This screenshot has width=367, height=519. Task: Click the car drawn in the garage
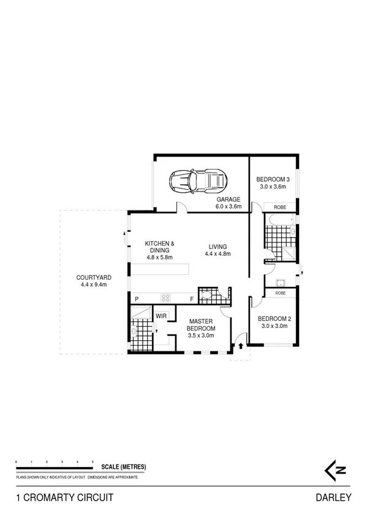(198, 181)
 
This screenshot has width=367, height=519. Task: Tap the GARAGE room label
(228, 203)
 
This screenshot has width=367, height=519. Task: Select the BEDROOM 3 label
(272, 183)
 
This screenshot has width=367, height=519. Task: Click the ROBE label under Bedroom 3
(280, 207)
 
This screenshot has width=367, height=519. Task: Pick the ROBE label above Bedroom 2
(280, 293)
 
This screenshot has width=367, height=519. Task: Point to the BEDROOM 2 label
(273, 322)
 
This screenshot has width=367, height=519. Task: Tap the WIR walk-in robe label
(161, 316)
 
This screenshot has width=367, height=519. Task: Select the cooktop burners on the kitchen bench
(165, 298)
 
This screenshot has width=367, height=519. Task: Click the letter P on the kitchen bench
(137, 299)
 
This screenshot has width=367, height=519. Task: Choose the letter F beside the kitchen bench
(192, 299)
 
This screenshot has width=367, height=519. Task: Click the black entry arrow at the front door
(241, 346)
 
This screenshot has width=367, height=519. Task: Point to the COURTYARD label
(94, 280)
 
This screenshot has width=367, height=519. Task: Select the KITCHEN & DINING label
(159, 251)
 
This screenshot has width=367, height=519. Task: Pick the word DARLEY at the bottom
(334, 498)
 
